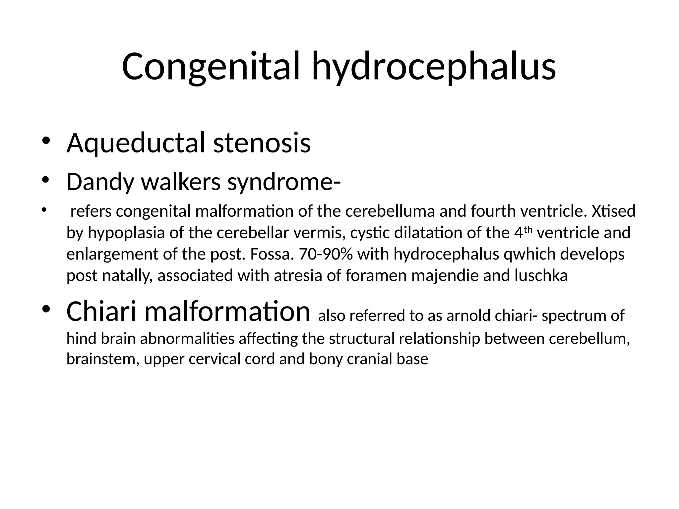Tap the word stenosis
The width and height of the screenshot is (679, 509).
262,143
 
